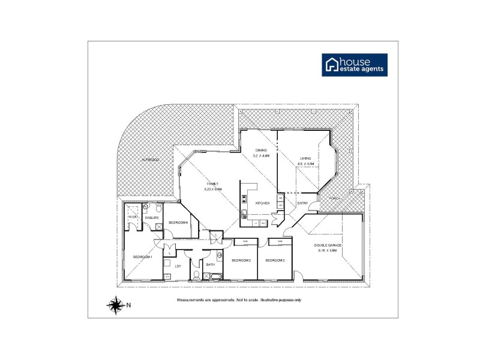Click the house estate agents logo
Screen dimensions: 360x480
coord(355,65)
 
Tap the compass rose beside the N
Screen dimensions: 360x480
coord(114,305)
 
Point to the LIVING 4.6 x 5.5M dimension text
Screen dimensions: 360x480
coord(307,164)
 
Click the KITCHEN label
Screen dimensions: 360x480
coord(263,204)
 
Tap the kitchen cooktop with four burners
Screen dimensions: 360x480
coord(245,199)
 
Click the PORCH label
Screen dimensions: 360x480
coord(326,199)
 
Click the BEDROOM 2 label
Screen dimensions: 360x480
coord(241,260)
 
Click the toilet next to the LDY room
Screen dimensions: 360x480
coord(196,275)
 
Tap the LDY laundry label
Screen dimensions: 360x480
coord(178,266)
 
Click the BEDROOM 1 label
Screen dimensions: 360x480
coord(143,257)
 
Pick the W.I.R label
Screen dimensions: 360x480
coord(133,217)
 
